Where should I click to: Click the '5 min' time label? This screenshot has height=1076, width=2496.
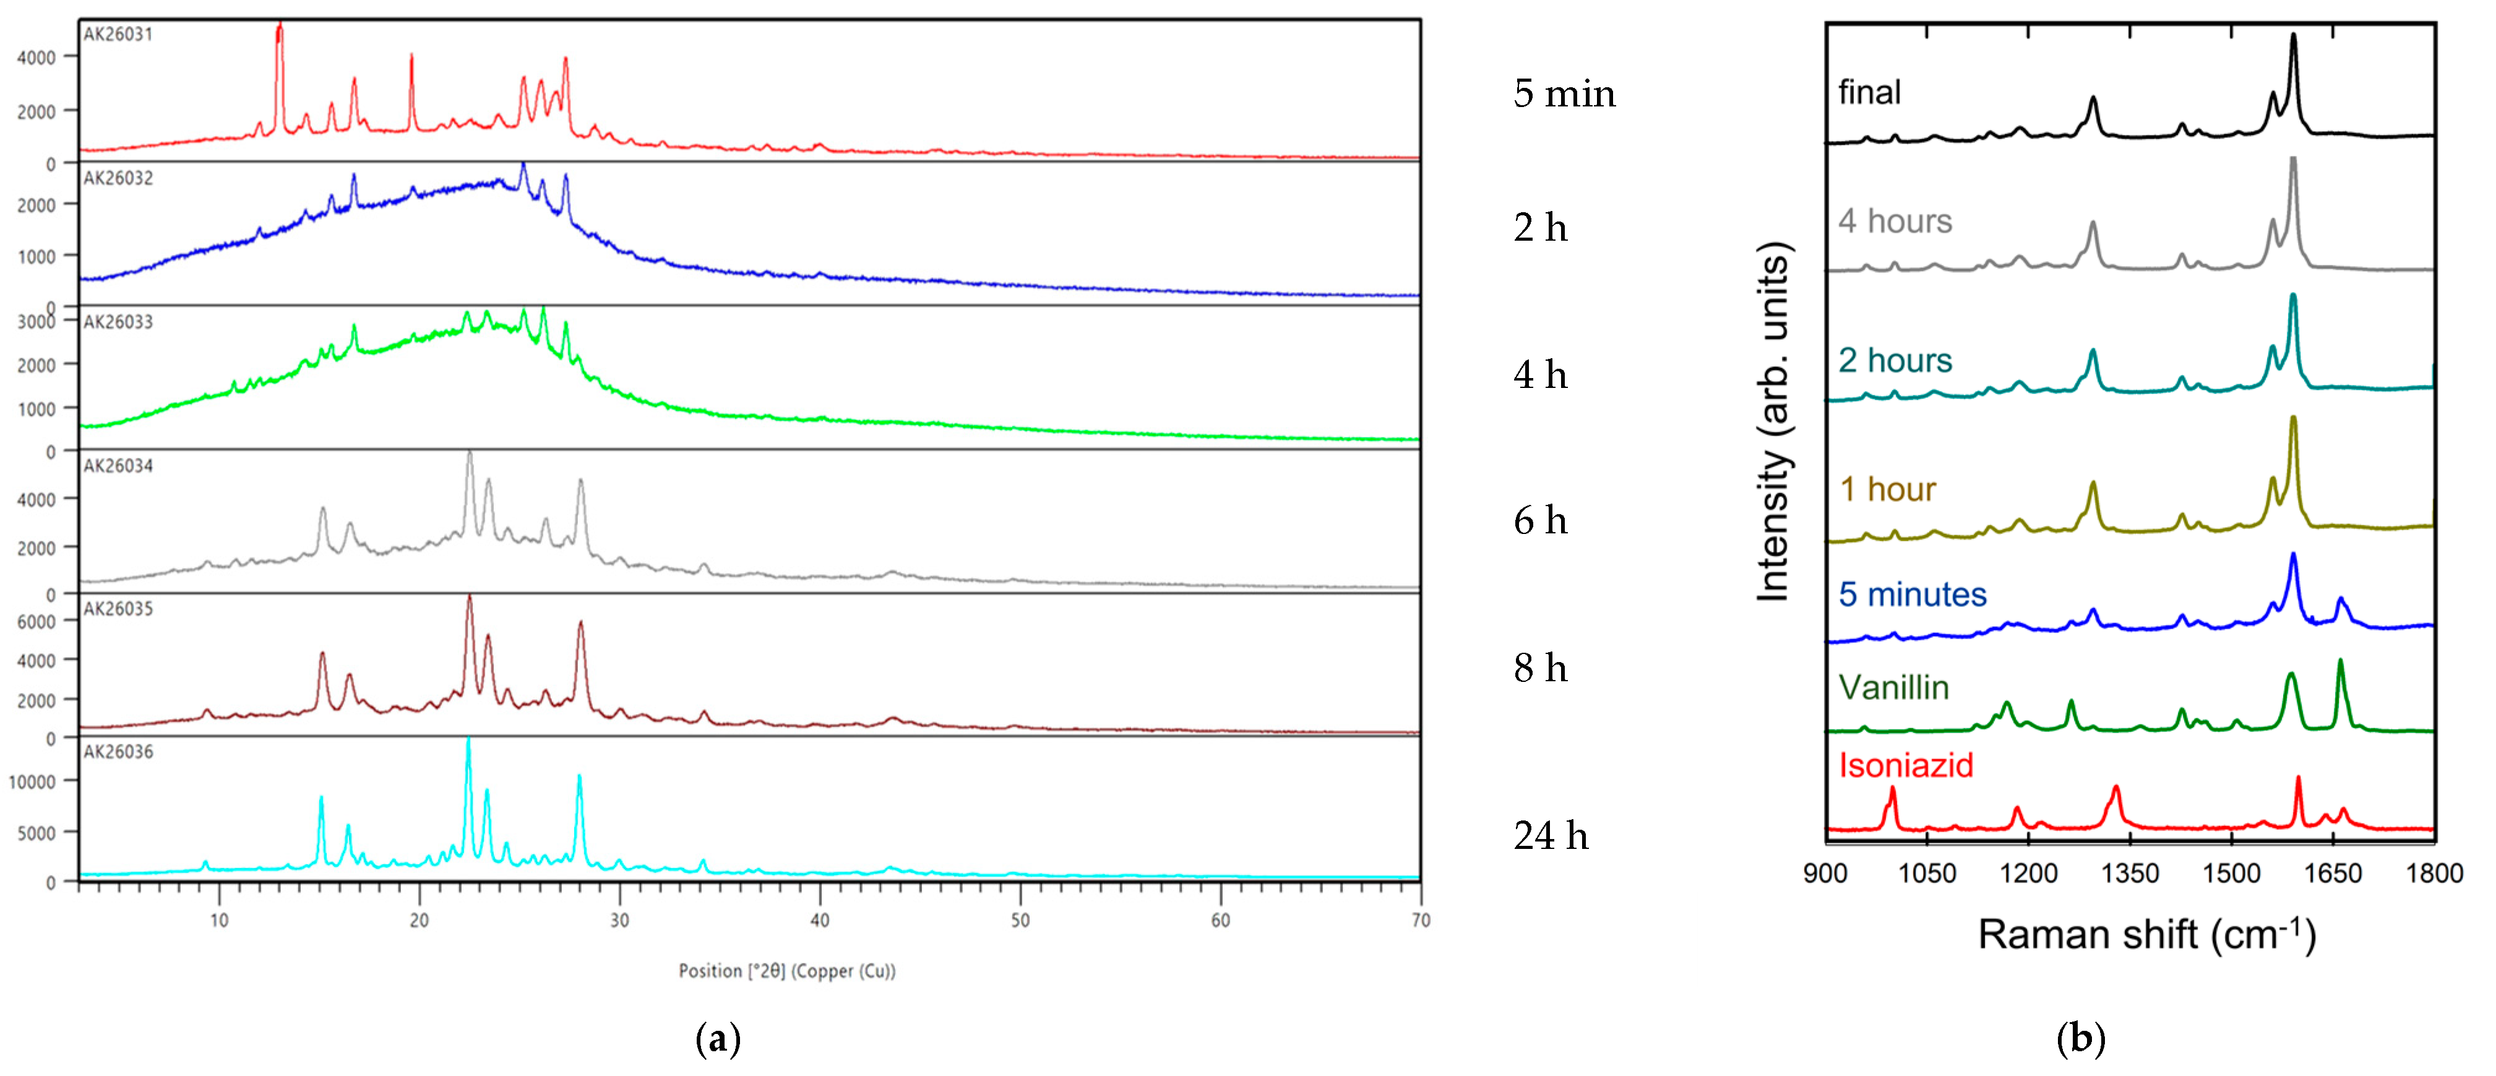pos(1564,94)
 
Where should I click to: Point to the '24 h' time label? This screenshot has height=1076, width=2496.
pos(1551,835)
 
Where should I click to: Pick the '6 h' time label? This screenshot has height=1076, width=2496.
pos(1539,522)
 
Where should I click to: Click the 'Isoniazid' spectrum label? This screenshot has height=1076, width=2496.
pos(1905,766)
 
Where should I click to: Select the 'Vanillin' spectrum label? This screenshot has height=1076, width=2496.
pos(1893,688)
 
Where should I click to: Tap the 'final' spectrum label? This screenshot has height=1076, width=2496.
pos(1869,93)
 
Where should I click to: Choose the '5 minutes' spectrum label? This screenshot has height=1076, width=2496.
pos(1912,594)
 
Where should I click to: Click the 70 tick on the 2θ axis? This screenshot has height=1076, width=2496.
pos(1421,920)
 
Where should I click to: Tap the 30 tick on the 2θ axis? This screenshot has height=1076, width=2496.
pos(619,920)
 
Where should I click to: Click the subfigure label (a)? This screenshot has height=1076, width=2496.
pos(718,1040)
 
